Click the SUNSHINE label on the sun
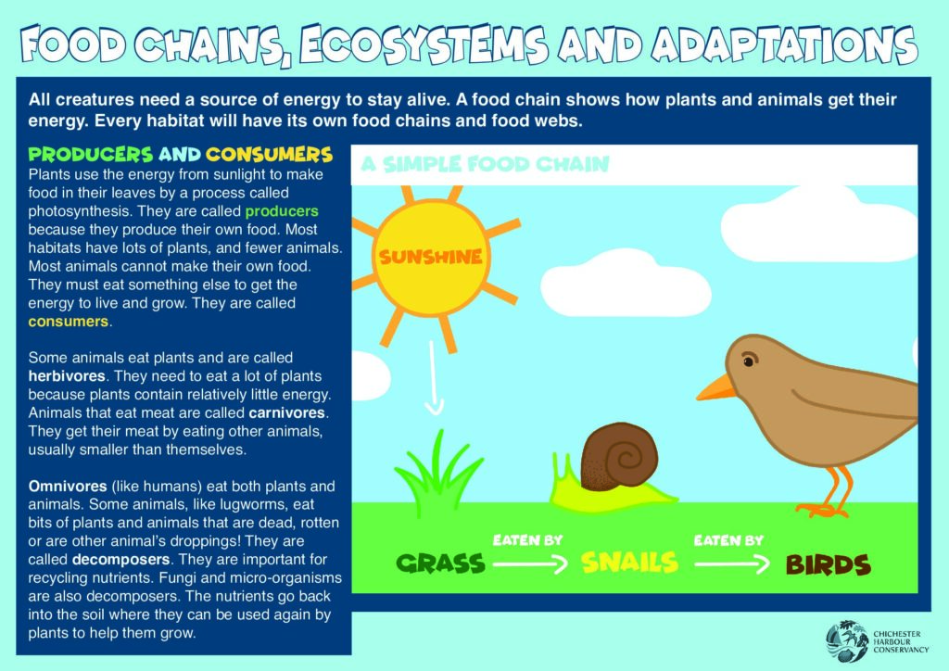coord(430,257)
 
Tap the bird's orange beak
coord(716,387)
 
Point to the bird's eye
coord(749,361)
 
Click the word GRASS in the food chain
coord(440,563)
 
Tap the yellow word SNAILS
coord(629,563)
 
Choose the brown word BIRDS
coord(828,565)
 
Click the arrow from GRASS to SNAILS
coord(530,564)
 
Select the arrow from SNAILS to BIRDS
coord(732,564)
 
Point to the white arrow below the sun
coord(434,378)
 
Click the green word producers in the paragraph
coord(282,211)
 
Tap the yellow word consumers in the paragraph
coord(69,322)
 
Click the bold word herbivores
coord(67,375)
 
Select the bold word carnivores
coord(287,412)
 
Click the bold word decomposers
coord(121,560)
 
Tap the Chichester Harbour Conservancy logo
coord(877,641)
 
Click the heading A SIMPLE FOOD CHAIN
coord(485,164)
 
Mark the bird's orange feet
coord(826,493)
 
